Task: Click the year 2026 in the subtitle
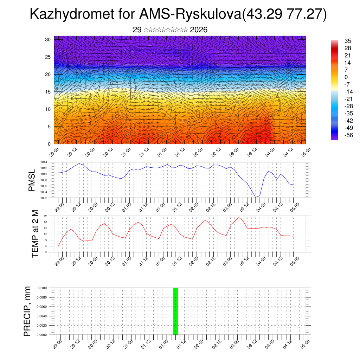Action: (x=199, y=30)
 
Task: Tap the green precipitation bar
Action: (x=175, y=311)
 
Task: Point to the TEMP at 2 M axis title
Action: (x=35, y=234)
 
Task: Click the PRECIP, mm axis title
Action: (x=27, y=311)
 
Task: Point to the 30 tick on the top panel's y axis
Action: (x=48, y=39)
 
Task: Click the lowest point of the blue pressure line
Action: (x=256, y=198)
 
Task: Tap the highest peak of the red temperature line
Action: (x=239, y=218)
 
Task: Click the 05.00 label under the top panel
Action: (x=305, y=152)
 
